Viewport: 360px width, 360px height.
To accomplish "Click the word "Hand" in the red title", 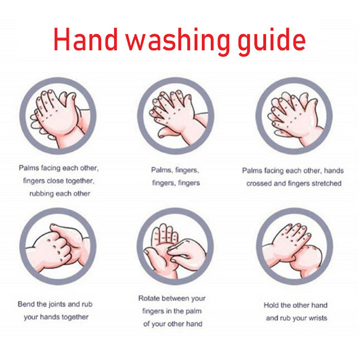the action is tap(85, 39).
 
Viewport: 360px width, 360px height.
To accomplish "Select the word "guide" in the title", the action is tap(272, 42).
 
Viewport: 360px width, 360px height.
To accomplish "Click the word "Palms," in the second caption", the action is tap(162, 170).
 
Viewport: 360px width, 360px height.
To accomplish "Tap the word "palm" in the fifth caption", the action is tap(193, 311).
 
